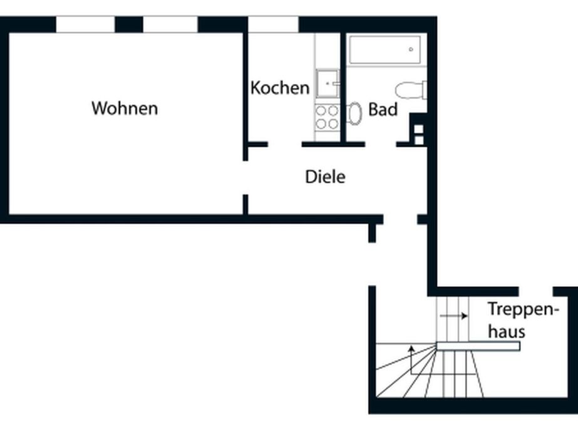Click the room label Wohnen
point(125,108)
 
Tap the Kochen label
point(280,88)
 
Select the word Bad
point(383,110)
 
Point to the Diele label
point(325,177)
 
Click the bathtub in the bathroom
point(385,49)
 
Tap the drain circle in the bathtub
point(411,49)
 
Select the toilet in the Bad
point(411,90)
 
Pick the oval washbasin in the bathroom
point(354,113)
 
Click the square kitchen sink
point(328,84)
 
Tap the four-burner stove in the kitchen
point(327,117)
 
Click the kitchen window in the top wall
point(273,24)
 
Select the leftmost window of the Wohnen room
point(86,24)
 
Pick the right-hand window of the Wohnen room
point(170,24)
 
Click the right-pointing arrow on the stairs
point(454,316)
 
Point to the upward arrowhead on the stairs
point(412,348)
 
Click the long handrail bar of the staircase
point(478,346)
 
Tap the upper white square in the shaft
point(419,129)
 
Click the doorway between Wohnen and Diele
point(245,178)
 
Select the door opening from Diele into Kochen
point(285,144)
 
